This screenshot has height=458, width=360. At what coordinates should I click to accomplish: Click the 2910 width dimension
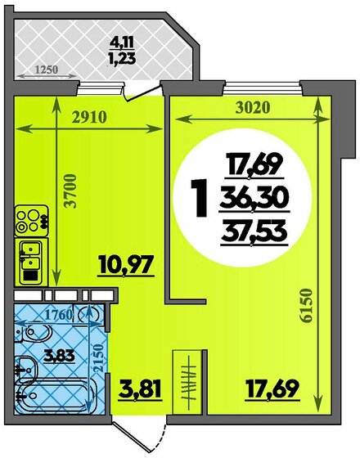coord(87,115)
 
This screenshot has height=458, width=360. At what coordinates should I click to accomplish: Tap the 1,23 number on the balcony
coord(122,58)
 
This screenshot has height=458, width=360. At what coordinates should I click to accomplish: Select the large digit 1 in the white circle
coord(196,195)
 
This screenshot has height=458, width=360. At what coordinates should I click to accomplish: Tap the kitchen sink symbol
coord(29,255)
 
